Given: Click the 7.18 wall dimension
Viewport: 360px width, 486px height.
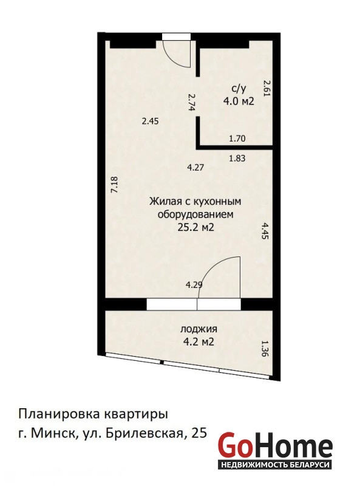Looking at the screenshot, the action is [115, 185].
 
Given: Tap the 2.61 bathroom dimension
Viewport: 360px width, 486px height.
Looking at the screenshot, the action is [267, 88].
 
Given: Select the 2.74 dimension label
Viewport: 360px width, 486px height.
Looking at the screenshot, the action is [191, 102].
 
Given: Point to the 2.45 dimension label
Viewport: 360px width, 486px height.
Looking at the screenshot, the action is [151, 121].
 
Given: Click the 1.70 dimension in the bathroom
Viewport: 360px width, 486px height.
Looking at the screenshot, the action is [237, 139].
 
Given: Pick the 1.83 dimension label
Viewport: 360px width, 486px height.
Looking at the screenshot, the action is [237, 159].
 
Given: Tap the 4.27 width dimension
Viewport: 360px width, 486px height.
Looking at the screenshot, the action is [196, 168].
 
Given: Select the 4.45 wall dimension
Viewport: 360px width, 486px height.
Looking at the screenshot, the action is [264, 231].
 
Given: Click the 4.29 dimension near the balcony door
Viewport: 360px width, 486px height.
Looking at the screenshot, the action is [194, 285].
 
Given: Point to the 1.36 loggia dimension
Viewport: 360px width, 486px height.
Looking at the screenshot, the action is [264, 349].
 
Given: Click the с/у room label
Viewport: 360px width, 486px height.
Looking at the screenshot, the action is [239, 89].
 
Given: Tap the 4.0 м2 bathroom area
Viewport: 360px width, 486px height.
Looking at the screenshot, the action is [239, 101].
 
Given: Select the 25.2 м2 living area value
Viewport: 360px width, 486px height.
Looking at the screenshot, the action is [196, 228].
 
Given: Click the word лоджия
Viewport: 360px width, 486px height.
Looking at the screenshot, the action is [199, 329].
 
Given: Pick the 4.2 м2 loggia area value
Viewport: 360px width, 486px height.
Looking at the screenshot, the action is [199, 342].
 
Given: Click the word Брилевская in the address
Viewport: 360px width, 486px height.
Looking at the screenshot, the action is [144, 433].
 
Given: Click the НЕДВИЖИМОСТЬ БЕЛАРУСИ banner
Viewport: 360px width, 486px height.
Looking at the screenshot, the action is [275, 465].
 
